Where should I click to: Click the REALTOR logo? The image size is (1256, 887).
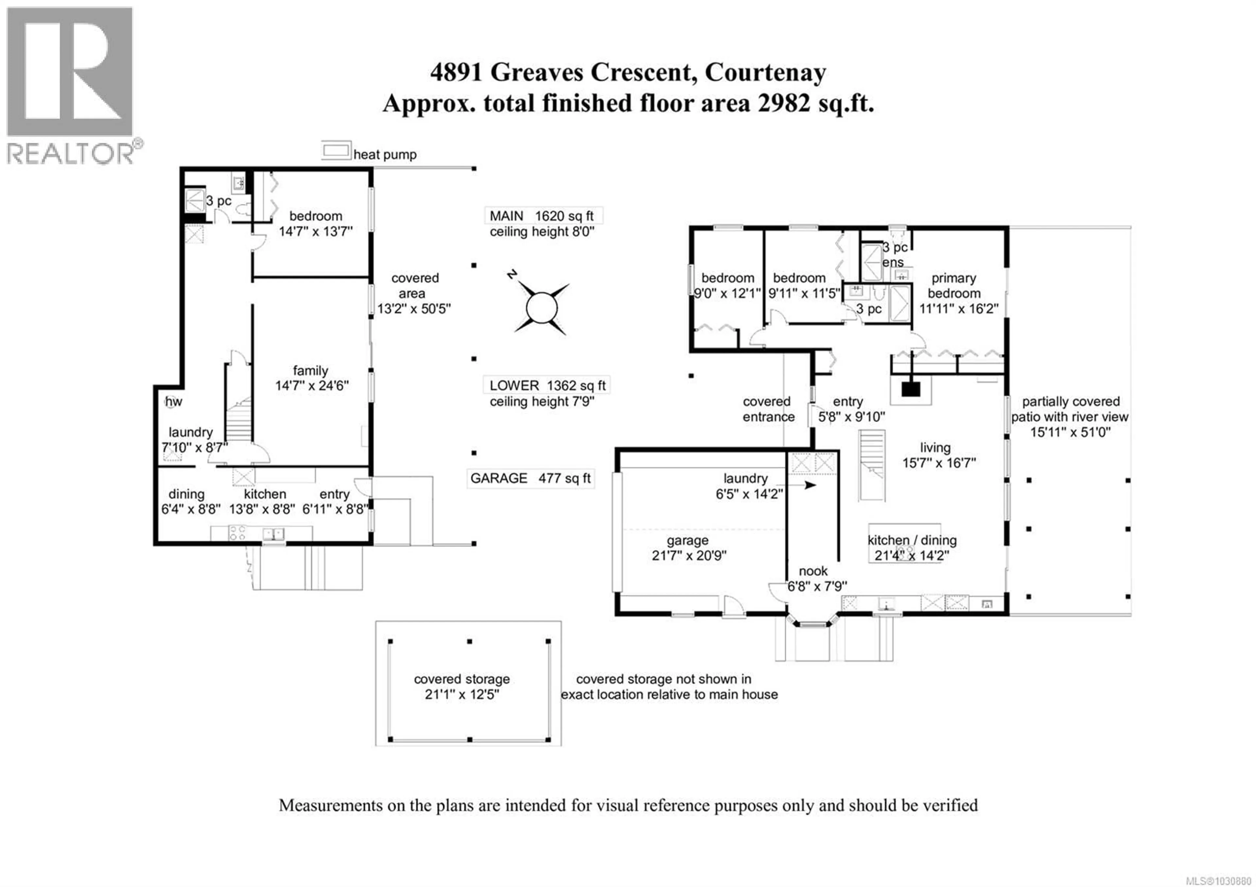(70, 85)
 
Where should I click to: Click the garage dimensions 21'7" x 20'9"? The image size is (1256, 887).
(689, 556)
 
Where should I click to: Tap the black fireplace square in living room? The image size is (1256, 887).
(911, 389)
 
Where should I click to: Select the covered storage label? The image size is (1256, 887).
(462, 679)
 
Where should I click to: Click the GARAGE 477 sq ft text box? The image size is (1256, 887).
(530, 478)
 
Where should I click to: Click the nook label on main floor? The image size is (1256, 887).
(813, 571)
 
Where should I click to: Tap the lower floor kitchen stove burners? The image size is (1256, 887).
(237, 533)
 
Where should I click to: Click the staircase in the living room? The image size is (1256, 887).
(871, 465)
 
